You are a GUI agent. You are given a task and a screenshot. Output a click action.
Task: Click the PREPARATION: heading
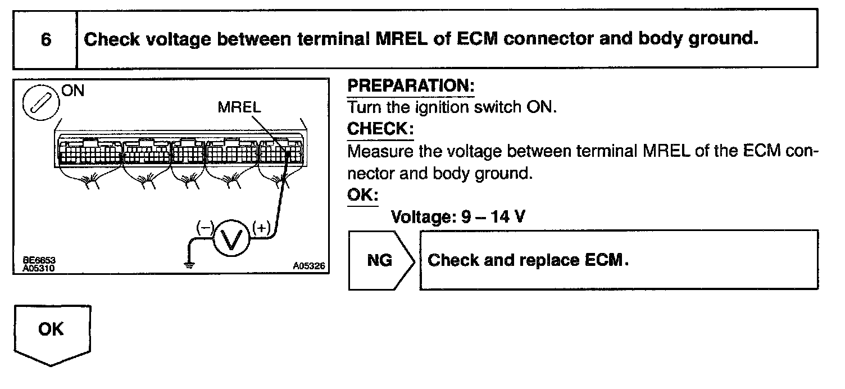[x=411, y=87]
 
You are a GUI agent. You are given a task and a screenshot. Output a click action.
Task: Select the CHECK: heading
[x=380, y=129]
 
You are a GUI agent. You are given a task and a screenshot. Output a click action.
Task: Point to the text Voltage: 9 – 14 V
[x=457, y=216]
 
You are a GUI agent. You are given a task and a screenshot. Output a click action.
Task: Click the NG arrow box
[x=379, y=260]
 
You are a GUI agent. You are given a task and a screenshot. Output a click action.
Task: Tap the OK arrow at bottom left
[x=51, y=331]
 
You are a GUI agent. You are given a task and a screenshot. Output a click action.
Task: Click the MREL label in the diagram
[x=239, y=108]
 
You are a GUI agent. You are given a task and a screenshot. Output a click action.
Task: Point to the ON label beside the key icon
[x=73, y=91]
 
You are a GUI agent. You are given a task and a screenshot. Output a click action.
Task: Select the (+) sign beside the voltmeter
[x=261, y=228]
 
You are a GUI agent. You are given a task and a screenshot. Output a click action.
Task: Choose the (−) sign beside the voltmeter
[x=205, y=228]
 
